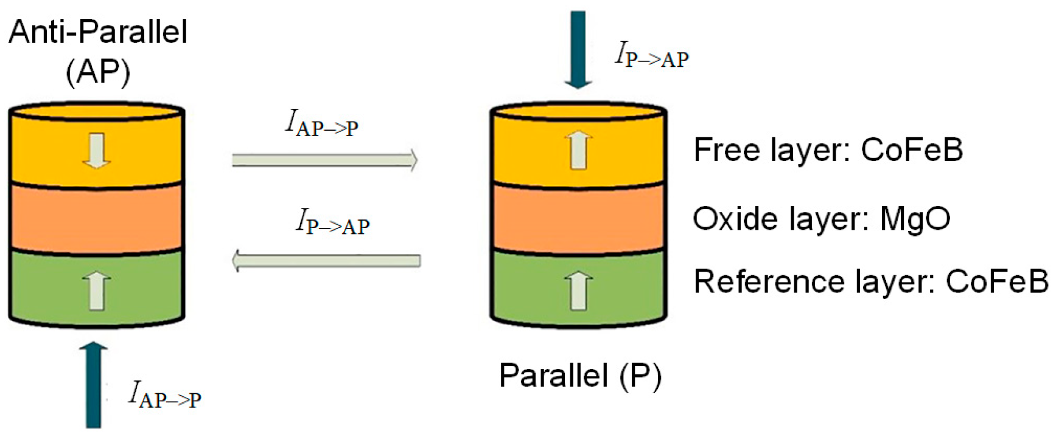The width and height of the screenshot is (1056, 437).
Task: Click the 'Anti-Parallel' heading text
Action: tap(98, 32)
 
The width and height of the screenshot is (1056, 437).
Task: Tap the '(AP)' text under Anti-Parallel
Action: tap(98, 72)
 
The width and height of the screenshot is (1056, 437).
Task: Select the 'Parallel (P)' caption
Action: tap(580, 375)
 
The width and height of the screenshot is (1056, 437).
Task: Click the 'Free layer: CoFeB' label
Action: tap(828, 150)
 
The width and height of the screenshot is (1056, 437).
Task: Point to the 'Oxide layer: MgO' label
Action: tap(821, 219)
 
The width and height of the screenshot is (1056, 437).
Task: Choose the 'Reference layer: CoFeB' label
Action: tap(870, 281)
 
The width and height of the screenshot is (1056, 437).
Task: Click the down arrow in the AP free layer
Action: tap(96, 150)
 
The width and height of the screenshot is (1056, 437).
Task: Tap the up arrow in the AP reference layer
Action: tap(96, 291)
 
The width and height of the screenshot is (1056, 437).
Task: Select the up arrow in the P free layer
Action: tap(578, 150)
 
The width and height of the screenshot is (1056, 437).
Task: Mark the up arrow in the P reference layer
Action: tap(578, 291)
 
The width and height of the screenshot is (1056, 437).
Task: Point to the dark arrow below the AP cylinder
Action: tap(93, 385)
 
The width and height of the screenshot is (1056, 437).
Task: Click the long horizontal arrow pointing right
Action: tap(325, 160)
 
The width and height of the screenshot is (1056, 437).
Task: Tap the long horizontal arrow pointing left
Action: tap(326, 261)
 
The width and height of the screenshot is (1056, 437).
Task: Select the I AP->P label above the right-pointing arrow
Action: tap(322, 123)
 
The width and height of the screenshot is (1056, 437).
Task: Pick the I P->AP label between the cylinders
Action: tap(332, 222)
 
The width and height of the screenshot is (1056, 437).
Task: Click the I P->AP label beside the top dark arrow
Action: tap(652, 55)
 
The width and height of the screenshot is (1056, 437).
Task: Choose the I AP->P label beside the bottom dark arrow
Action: tap(164, 394)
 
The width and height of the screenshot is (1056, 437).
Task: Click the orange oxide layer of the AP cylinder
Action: tap(96, 218)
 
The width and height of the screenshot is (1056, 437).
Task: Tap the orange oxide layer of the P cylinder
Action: tap(578, 218)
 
